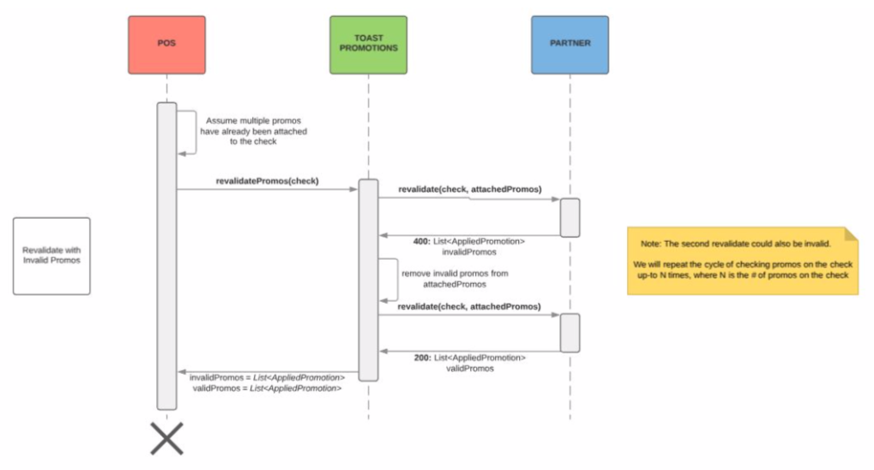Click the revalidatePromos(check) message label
click(267, 181)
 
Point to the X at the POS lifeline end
click(167, 438)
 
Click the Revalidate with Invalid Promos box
click(51, 256)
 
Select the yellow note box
click(742, 261)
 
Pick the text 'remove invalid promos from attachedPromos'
click(442, 278)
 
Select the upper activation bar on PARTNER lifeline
click(570, 217)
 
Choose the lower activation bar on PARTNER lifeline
click(570, 332)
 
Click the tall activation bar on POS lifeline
click(166, 257)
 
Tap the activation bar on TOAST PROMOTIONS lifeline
click(368, 279)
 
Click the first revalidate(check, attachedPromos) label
click(469, 189)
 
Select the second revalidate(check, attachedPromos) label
click(469, 306)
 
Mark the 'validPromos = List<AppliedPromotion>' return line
click(267, 389)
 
